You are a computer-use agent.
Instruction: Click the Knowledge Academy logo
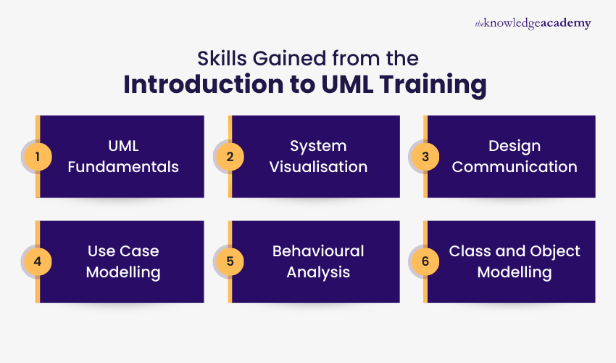tap(533, 23)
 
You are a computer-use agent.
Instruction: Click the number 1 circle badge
tap(38, 156)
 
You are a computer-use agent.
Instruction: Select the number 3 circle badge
tap(425, 156)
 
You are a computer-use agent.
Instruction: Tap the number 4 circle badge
tap(38, 261)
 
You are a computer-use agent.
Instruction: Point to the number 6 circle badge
tap(425, 261)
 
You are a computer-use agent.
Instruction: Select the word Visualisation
tap(318, 167)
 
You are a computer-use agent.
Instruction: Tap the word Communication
tap(515, 167)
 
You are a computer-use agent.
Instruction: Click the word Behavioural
tap(318, 251)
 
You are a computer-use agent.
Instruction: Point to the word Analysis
tap(318, 272)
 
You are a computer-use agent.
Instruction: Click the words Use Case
tap(123, 251)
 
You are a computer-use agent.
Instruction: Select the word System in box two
tap(318, 146)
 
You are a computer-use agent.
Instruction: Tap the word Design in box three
tap(515, 146)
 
